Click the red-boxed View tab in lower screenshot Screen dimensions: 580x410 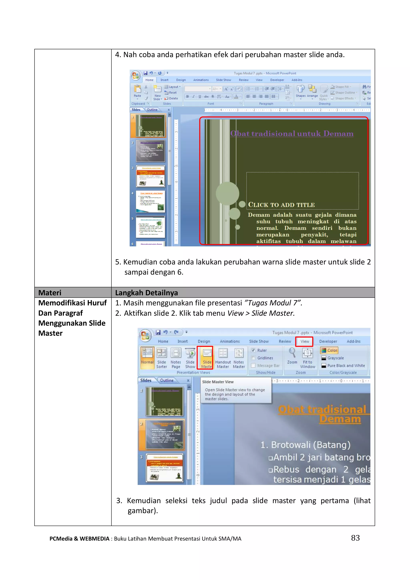(304, 341)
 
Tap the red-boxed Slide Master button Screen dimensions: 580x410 (207, 357)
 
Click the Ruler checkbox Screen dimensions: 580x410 (253, 350)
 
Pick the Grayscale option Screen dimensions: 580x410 (335, 358)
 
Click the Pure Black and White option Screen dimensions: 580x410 (346, 366)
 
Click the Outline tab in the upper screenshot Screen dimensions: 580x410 (152, 110)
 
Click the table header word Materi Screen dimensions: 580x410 (50, 293)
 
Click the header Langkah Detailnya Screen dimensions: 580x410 (146, 293)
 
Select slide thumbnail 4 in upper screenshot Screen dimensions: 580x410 (151, 201)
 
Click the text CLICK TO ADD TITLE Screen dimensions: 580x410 (281, 205)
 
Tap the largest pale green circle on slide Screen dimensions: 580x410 (227, 193)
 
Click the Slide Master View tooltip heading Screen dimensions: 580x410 (218, 382)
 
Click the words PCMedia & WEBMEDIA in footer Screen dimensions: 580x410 (79, 538)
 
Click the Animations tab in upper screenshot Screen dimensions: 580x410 (201, 80)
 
